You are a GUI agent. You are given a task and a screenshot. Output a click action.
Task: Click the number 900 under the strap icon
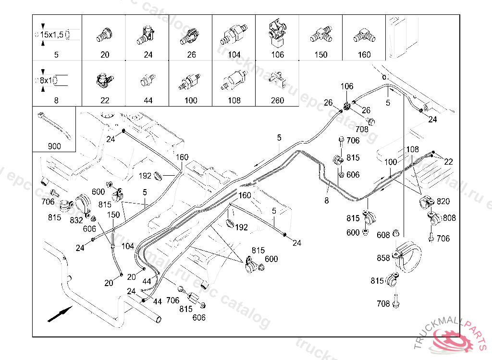click(54, 146)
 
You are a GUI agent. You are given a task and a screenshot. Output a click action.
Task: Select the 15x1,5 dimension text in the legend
click(52, 35)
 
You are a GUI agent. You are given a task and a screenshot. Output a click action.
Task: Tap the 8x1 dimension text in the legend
click(47, 81)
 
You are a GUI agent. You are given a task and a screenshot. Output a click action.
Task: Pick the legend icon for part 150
click(321, 35)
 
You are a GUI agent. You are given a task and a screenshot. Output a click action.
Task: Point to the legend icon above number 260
click(277, 79)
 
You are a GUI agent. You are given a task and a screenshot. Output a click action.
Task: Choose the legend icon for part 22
click(105, 81)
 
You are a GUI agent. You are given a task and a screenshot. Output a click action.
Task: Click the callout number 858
click(383, 258)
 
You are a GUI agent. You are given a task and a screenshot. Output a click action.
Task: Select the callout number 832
click(76, 220)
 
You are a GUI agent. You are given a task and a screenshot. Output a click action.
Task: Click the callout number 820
click(443, 201)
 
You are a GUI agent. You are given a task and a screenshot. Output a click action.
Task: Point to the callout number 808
click(449, 218)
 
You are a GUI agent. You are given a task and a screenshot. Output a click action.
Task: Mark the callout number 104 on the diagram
click(128, 246)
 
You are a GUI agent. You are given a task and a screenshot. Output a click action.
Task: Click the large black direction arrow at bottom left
click(60, 314)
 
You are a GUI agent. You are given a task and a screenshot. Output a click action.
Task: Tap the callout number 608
click(383, 235)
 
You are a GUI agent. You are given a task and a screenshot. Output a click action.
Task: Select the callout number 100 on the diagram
click(391, 162)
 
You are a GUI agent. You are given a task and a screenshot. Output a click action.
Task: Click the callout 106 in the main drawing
click(347, 86)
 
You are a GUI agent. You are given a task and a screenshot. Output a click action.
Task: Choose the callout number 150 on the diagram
click(113, 215)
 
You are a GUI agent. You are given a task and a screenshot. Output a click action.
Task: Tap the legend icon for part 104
click(234, 35)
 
